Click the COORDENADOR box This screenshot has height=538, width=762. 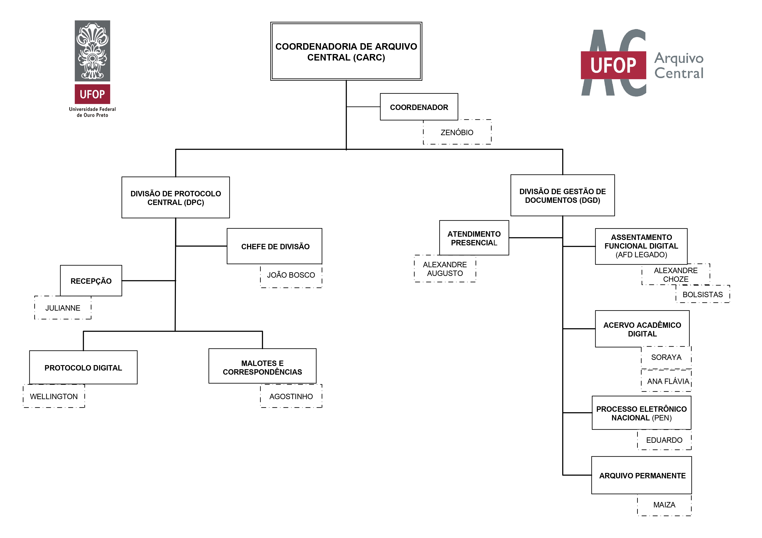(419, 107)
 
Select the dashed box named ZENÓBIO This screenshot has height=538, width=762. (457, 132)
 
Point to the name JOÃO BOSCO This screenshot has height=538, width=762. (291, 275)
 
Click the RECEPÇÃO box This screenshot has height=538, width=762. (91, 281)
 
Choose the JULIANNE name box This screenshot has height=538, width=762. (63, 308)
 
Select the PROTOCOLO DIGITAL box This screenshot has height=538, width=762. (83, 368)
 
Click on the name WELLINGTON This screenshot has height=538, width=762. (54, 397)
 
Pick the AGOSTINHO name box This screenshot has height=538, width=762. (291, 397)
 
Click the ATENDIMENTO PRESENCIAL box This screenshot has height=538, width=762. (474, 238)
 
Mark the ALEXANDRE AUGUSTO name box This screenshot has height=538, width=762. (445, 269)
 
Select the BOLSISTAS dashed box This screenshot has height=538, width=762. (702, 294)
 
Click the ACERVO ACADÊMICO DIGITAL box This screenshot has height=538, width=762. (642, 329)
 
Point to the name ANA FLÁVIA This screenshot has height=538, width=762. (668, 381)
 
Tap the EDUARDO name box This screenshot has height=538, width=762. (664, 440)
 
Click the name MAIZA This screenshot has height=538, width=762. (664, 505)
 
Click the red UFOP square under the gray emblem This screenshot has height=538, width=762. (92, 94)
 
